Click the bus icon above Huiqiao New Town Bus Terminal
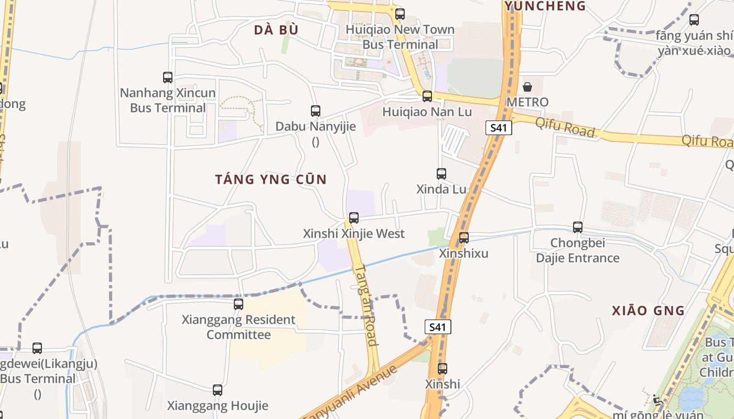pyautogui.click(x=400, y=14)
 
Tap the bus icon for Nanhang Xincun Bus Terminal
pyautogui.click(x=168, y=78)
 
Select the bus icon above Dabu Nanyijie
pyautogui.click(x=316, y=111)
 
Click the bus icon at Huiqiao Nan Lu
pyautogui.click(x=427, y=96)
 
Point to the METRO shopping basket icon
pyautogui.click(x=527, y=87)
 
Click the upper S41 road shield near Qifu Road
pyautogui.click(x=498, y=128)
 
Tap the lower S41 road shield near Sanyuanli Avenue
pyautogui.click(x=437, y=327)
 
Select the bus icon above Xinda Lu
pyautogui.click(x=441, y=174)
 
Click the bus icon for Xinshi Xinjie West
pyautogui.click(x=354, y=218)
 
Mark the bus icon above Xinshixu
pyautogui.click(x=464, y=238)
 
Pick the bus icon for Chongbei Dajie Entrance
pyautogui.click(x=578, y=227)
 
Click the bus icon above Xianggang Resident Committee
pyautogui.click(x=239, y=304)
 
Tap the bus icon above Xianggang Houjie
pyautogui.click(x=218, y=390)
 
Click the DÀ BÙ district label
pyautogui.click(x=276, y=30)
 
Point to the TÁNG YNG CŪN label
pyautogui.click(x=271, y=180)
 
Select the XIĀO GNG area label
pyautogui.click(x=648, y=311)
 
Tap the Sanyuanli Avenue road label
pyautogui.click(x=350, y=393)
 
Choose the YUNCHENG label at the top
pyautogui.click(x=545, y=6)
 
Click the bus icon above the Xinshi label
pyautogui.click(x=442, y=369)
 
